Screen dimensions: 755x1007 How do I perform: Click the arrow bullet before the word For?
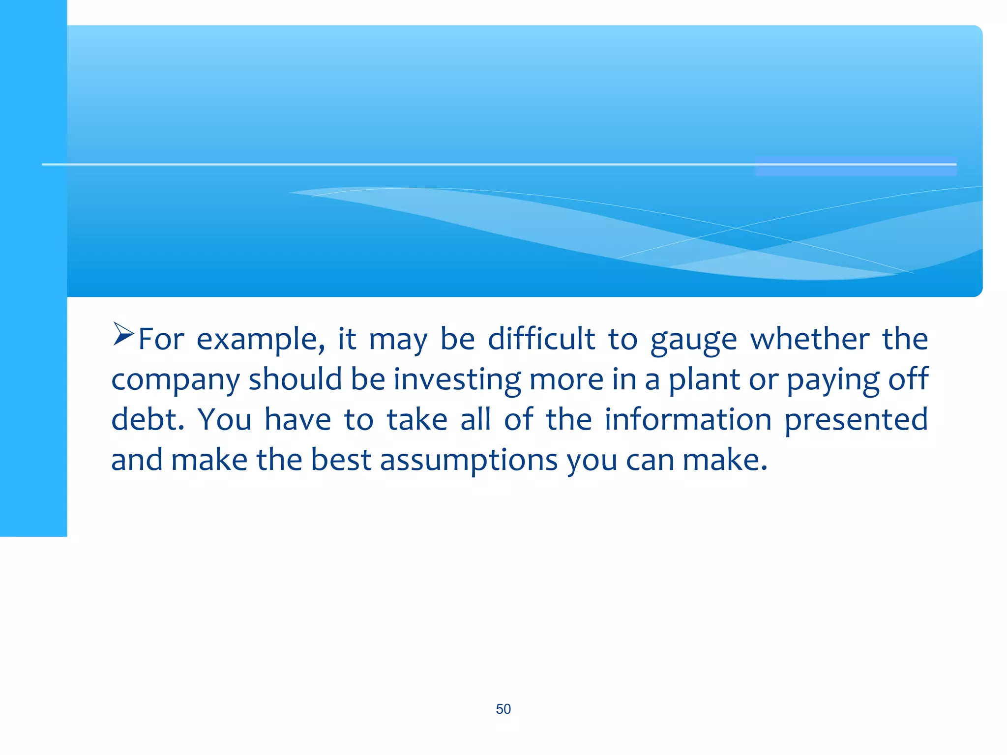(x=123, y=334)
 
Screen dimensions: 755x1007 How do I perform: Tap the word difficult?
(x=541, y=339)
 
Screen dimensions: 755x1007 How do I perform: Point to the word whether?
(x=809, y=339)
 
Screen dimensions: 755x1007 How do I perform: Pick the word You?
(x=224, y=420)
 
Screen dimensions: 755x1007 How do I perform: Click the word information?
(x=688, y=420)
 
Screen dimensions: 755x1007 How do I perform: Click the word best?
(x=341, y=460)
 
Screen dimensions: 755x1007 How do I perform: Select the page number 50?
(x=503, y=709)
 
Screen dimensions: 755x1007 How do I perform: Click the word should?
(x=295, y=379)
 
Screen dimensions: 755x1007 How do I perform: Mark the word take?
(x=417, y=420)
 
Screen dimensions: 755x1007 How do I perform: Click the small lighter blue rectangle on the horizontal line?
(x=856, y=166)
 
